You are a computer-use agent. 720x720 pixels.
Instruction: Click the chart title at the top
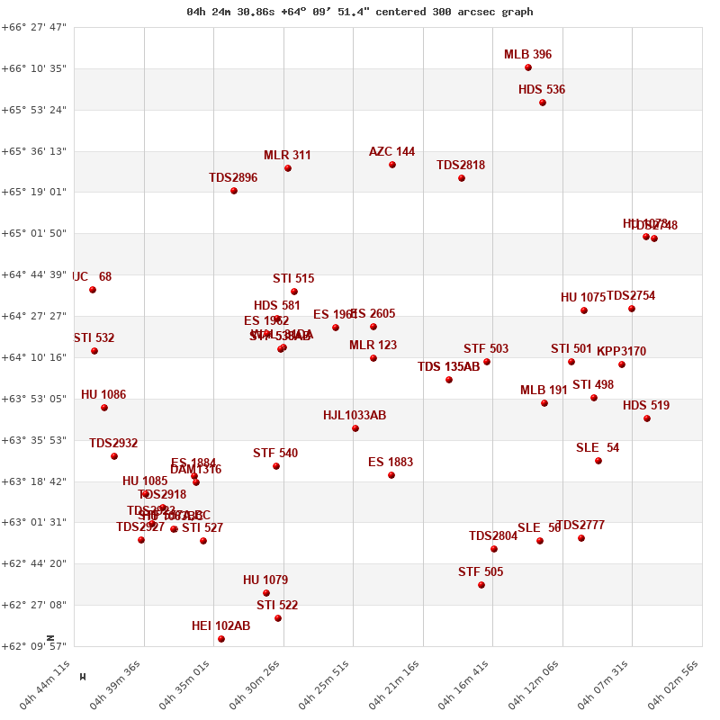360,12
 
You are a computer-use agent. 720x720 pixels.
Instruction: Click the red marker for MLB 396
528,67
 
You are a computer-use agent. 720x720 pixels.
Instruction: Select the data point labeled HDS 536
543,103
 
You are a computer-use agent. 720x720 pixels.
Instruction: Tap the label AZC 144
391,152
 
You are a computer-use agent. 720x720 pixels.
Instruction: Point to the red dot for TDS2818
462,178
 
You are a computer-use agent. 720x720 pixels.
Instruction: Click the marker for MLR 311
288,168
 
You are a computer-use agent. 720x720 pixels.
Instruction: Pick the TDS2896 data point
234,191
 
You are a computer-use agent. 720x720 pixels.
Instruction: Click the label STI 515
293,279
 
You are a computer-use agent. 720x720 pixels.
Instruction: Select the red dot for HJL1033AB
355,428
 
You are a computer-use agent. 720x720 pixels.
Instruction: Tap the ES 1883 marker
391,475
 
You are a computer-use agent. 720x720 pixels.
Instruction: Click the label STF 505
481,572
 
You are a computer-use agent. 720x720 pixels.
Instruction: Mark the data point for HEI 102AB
221,639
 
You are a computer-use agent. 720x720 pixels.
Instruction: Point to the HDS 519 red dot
647,418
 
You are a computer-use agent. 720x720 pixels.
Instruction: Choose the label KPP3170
621,352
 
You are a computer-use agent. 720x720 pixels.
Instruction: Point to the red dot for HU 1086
104,408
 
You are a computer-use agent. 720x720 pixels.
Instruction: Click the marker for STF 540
276,466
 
